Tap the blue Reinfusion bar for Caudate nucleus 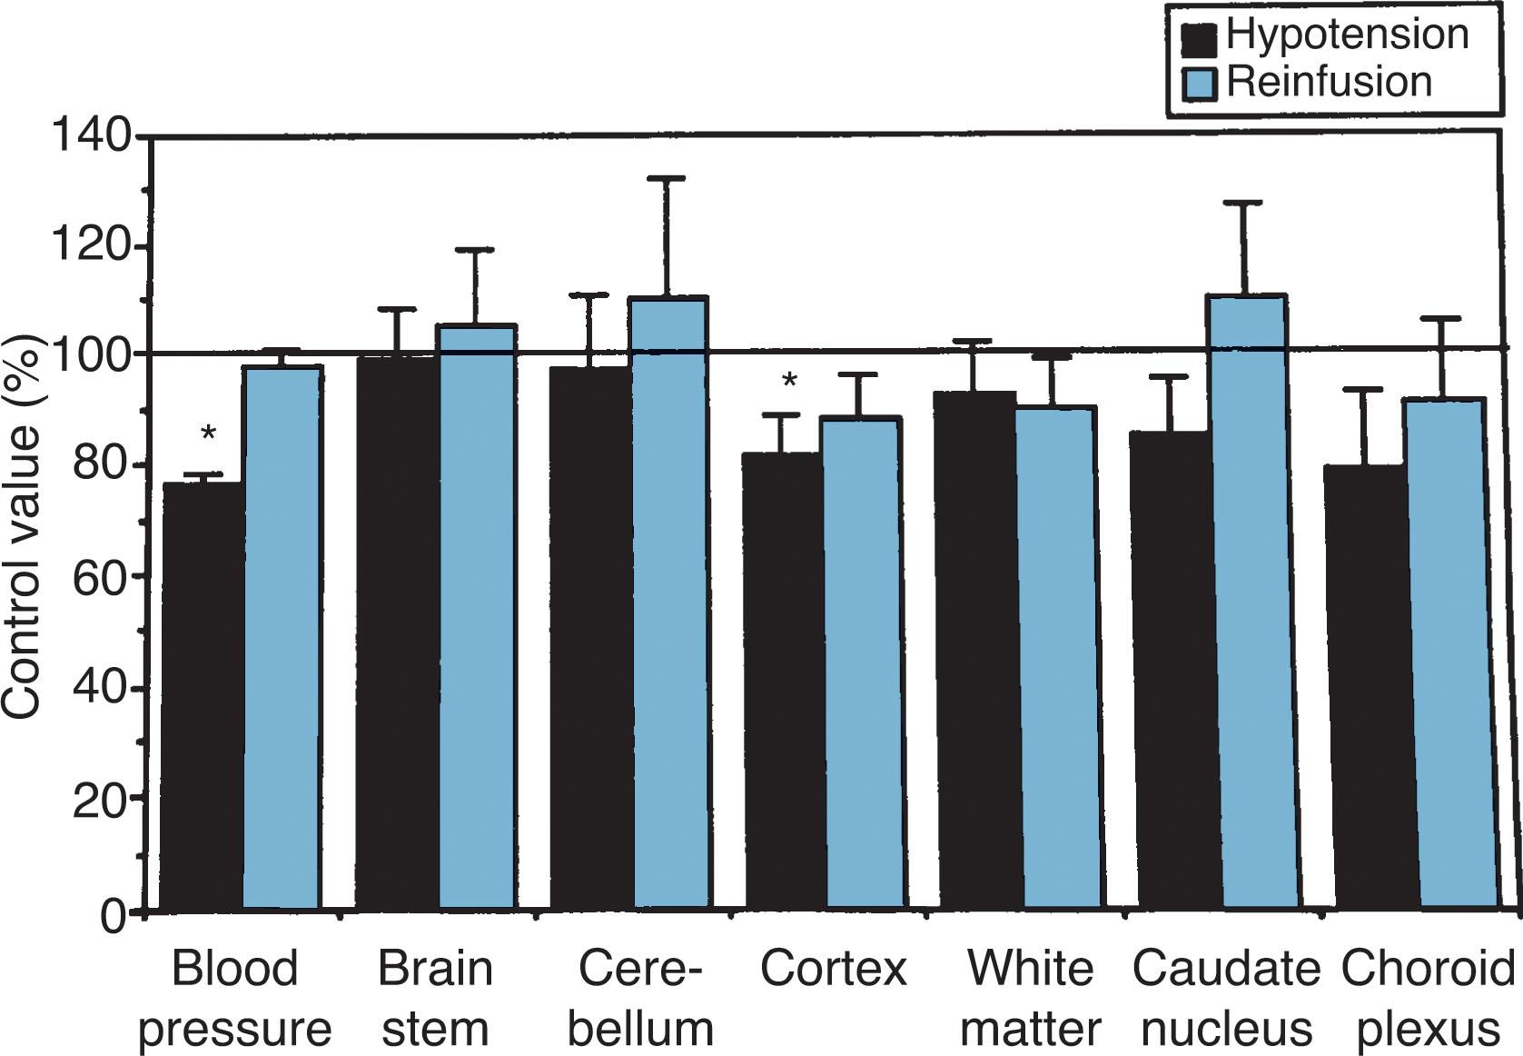[1253, 600]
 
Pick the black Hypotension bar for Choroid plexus [1365, 686]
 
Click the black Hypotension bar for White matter [977, 650]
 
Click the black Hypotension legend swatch [1199, 39]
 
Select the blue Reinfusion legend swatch [1199, 85]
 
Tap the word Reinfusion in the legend [1329, 82]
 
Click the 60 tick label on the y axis [98, 578]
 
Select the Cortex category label [833, 969]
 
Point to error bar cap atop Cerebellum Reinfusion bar [666, 179]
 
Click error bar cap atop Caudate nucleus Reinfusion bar [1249, 203]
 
